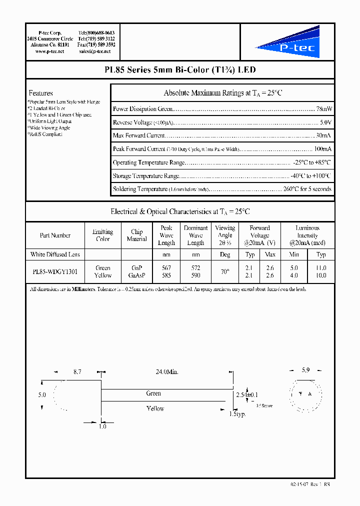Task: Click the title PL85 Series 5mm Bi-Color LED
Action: pos(180,70)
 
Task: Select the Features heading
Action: pos(40,93)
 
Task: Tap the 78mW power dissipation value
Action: pos(323,108)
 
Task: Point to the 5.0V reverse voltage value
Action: pos(325,122)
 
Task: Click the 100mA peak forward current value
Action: pos(322,149)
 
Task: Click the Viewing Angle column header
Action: pos(225,235)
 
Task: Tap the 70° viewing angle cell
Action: pos(225,271)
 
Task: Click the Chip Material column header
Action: pos(136,235)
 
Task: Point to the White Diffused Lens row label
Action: pos(55,254)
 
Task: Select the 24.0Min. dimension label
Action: pos(167,372)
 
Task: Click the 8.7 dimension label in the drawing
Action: pos(77,372)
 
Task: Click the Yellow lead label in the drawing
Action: pos(155,408)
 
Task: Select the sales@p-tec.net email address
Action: pos(96,51)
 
